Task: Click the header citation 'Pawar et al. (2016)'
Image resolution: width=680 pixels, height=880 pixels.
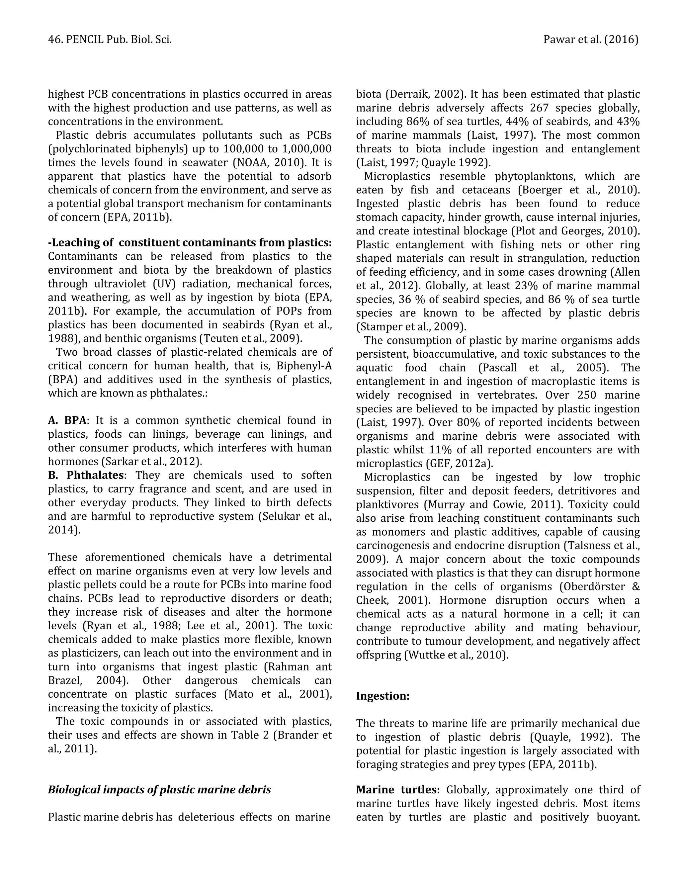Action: [x=591, y=40]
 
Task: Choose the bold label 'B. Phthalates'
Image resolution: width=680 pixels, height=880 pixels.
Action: [x=85, y=475]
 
